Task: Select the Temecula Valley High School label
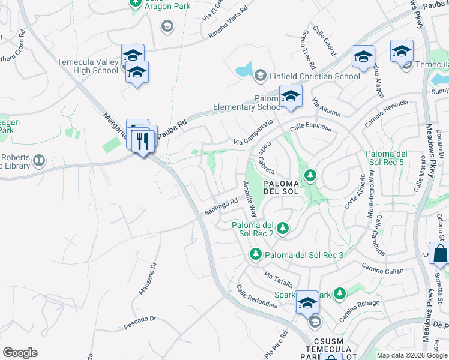[x=88, y=66]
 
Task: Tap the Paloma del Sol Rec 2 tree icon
[x=282, y=227]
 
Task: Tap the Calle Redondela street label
[x=257, y=297]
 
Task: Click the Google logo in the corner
[x=20, y=353]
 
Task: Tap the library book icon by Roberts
[x=39, y=160]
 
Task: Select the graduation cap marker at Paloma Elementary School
[x=291, y=96]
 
